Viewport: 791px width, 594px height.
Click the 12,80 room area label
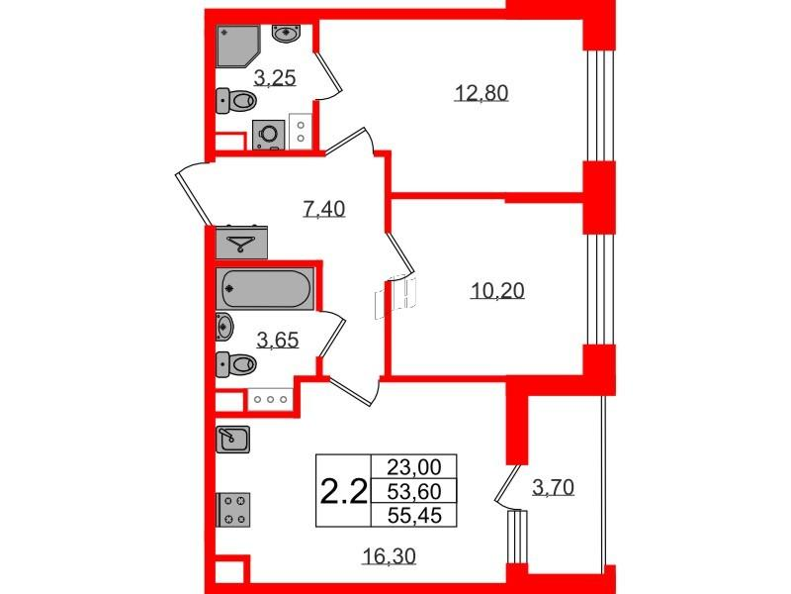click(x=482, y=93)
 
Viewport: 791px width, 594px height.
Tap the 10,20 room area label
click(x=497, y=291)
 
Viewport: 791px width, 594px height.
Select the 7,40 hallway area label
click(x=324, y=208)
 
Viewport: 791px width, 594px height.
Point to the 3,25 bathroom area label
click(x=275, y=78)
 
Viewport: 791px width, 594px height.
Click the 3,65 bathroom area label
click(x=278, y=341)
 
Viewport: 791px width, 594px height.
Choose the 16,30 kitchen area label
click(x=390, y=556)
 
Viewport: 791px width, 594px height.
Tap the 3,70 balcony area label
click(x=553, y=488)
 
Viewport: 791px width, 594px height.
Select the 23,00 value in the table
click(x=414, y=466)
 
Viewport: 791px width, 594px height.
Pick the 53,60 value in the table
click(x=414, y=490)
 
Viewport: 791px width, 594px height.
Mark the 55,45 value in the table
click(x=414, y=515)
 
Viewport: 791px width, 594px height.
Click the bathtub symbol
click(x=265, y=289)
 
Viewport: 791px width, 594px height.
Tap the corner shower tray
click(x=238, y=46)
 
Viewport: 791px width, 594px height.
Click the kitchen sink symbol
click(x=232, y=439)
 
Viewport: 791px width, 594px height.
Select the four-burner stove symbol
click(x=233, y=510)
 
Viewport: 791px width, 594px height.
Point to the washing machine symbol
click(x=268, y=135)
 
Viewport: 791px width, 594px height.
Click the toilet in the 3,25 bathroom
click(x=236, y=101)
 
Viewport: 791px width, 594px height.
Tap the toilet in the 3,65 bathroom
click(x=235, y=364)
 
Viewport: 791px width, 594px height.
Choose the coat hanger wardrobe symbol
click(x=241, y=243)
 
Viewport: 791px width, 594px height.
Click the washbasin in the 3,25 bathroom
click(x=287, y=33)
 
